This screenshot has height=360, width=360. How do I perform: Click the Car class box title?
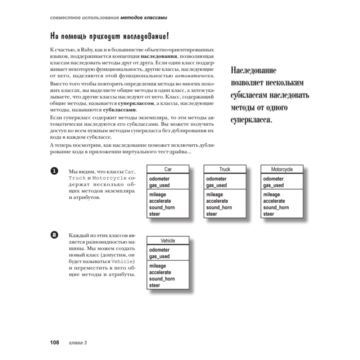pyautogui.click(x=168, y=169)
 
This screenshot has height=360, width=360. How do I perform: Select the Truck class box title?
pyautogui.click(x=225, y=169)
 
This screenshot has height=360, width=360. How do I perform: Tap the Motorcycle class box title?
pyautogui.click(x=282, y=169)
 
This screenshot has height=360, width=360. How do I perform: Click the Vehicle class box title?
pyautogui.click(x=168, y=240)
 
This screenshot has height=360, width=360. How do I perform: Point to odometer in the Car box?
pyautogui.click(x=159, y=179)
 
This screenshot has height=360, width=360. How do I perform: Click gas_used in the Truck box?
pyautogui.click(x=216, y=185)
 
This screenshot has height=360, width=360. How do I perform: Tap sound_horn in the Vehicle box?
pyautogui.click(x=162, y=279)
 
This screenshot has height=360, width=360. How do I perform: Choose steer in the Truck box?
pyautogui.click(x=212, y=214)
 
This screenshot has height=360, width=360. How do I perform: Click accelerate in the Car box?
pyautogui.click(x=160, y=201)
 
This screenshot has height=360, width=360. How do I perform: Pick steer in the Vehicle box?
pyautogui.click(x=155, y=285)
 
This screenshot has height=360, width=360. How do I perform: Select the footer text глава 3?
pyautogui.click(x=78, y=343)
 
